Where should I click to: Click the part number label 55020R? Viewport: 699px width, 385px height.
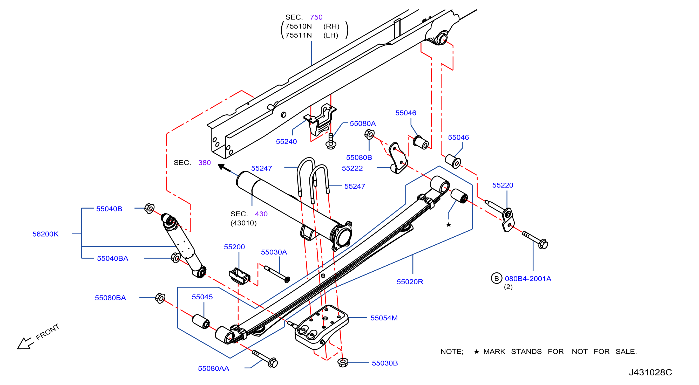tap(410, 282)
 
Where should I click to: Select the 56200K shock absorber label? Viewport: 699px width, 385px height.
tap(45, 234)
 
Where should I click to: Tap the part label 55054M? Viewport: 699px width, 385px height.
tap(384, 318)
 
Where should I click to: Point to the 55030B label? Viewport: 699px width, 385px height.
tap(385, 363)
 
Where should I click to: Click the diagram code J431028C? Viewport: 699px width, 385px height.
tap(650, 372)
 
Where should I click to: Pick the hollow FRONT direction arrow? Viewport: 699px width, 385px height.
tap(25, 343)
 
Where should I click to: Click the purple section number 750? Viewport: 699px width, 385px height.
tap(316, 17)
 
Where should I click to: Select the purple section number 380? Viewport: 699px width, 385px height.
tap(204, 162)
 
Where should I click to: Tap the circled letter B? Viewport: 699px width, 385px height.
tap(496, 278)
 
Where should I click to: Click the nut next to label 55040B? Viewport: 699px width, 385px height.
tap(149, 209)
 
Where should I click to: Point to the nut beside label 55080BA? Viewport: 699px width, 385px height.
tap(160, 298)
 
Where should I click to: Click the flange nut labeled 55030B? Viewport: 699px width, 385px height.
tap(343, 362)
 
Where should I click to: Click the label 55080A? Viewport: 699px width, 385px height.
tap(363, 123)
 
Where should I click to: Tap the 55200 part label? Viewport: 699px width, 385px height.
tap(234, 247)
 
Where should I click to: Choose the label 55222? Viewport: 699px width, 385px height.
tap(352, 168)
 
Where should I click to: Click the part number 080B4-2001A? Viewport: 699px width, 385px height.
tap(528, 278)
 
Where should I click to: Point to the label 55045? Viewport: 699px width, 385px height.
tap(202, 297)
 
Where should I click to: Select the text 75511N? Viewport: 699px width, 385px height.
tap(298, 35)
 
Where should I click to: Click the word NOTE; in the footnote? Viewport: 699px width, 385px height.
tap(452, 352)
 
